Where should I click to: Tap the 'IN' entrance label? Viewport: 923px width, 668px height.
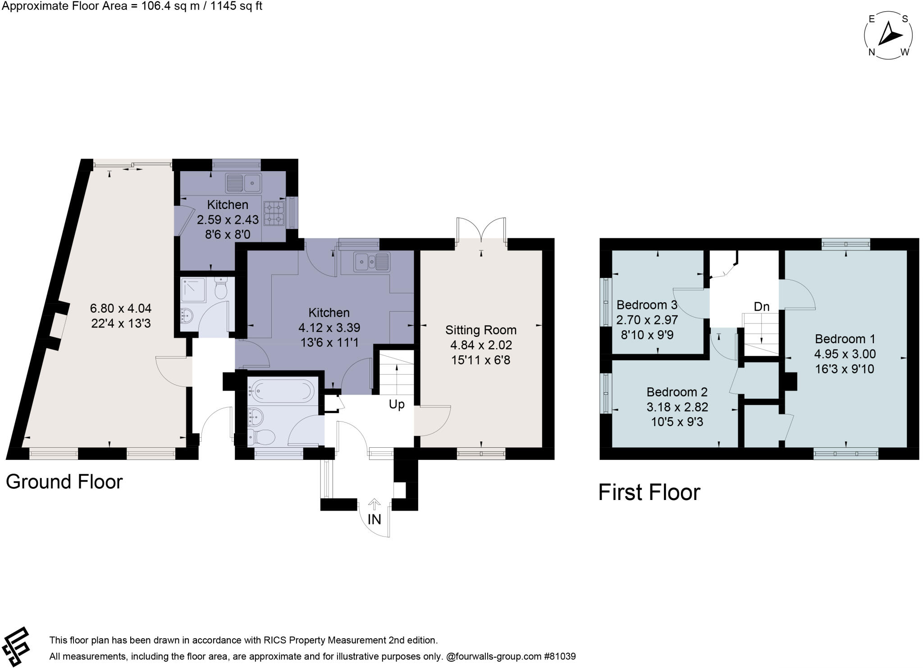click(374, 519)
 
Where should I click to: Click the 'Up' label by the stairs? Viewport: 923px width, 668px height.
click(397, 404)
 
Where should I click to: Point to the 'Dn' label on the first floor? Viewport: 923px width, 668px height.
click(761, 307)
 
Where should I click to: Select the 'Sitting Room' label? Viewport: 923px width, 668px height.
click(480, 330)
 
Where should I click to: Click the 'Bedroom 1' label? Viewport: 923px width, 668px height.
click(844, 339)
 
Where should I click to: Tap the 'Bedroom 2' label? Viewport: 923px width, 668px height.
click(676, 392)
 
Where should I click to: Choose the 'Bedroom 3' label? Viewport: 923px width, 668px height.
click(646, 305)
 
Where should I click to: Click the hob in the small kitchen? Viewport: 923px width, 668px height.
click(274, 214)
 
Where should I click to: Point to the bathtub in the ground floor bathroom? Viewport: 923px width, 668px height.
click(282, 390)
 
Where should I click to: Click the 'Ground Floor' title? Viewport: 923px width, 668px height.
click(64, 482)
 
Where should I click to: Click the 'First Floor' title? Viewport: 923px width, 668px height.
click(649, 492)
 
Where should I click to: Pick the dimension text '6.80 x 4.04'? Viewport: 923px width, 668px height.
click(120, 309)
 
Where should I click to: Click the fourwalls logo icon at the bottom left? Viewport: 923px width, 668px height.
click(16, 647)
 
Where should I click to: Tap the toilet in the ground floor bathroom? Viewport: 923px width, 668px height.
click(262, 436)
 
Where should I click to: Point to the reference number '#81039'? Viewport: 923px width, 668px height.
click(560, 656)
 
